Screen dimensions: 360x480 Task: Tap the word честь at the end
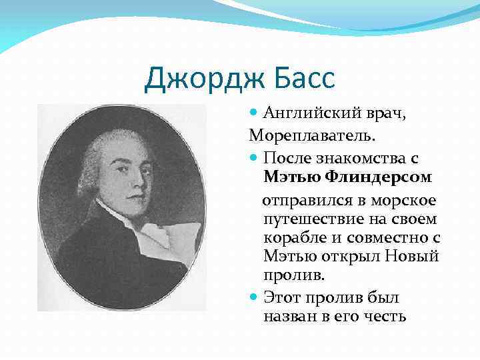384,316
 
